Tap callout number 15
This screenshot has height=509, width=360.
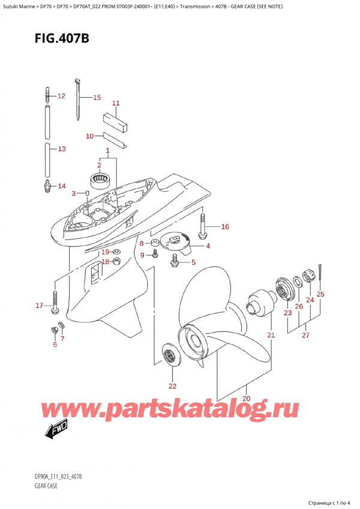pos(97,97)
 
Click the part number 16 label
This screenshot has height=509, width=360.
pos(225,227)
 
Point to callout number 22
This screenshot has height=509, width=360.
pos(173,385)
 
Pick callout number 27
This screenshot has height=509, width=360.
pos(305,335)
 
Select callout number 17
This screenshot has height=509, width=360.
pos(39,306)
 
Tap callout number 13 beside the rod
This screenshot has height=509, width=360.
pos(61,148)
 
